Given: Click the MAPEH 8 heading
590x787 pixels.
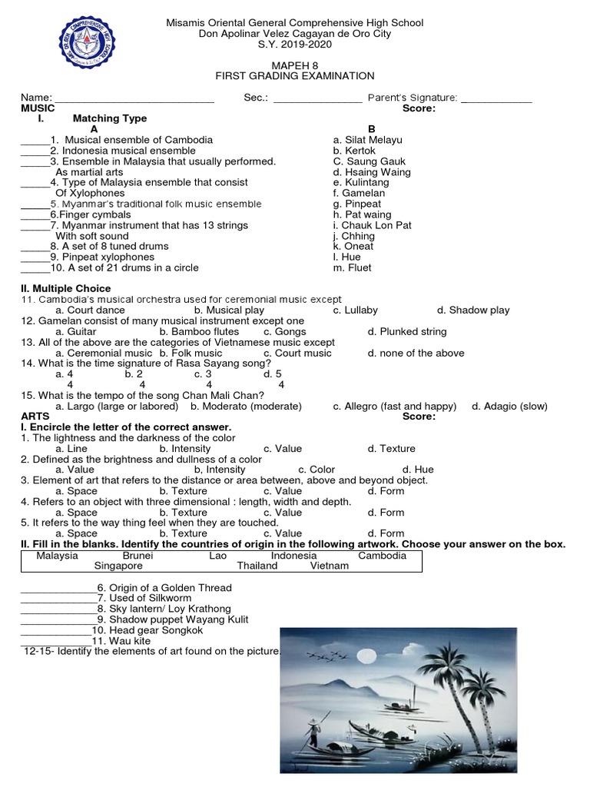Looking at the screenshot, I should pyautogui.click(x=295, y=65).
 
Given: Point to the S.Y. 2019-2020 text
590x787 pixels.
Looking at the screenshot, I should pyautogui.click(x=295, y=44).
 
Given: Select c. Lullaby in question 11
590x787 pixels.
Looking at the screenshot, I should pyautogui.click(x=355, y=310).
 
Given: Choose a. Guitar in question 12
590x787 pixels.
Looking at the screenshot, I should pyautogui.click(x=76, y=332).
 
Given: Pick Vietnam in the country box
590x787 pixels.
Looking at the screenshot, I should pyautogui.click(x=330, y=566).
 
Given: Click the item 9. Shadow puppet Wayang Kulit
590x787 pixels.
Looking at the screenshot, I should pyautogui.click(x=173, y=619).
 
